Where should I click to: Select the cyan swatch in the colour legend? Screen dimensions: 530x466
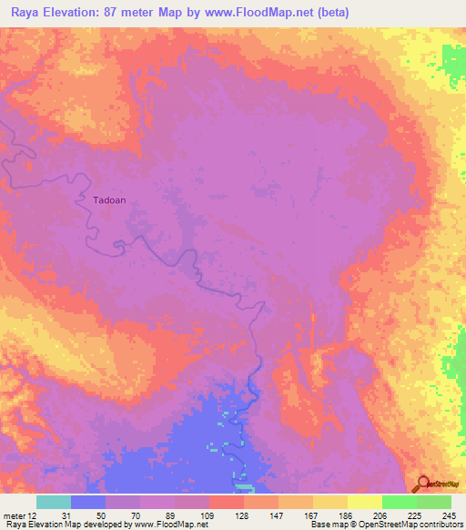[54, 502]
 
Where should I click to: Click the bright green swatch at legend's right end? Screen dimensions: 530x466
[434, 502]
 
